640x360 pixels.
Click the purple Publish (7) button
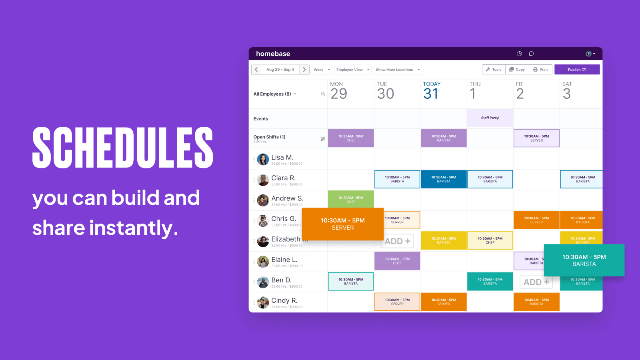pyautogui.click(x=577, y=70)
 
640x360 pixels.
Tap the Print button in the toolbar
pyautogui.click(x=540, y=70)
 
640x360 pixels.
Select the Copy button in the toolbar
pyautogui.click(x=517, y=70)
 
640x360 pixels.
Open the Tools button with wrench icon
pyautogui.click(x=494, y=70)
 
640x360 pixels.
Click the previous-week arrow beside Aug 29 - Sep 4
pyautogui.click(x=256, y=70)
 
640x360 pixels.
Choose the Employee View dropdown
pyautogui.click(x=352, y=70)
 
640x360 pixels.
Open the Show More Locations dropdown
pyautogui.click(x=398, y=70)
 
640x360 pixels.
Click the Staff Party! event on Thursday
pyautogui.click(x=490, y=118)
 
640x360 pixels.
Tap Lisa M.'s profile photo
pyautogui.click(x=263, y=160)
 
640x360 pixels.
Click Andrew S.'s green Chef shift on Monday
pyautogui.click(x=351, y=199)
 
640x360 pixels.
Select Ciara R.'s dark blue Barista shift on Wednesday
pyautogui.click(x=444, y=179)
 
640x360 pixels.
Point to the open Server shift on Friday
pyautogui.click(x=536, y=138)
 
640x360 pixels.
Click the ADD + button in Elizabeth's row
pyautogui.click(x=397, y=241)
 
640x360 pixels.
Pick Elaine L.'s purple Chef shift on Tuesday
pyautogui.click(x=397, y=261)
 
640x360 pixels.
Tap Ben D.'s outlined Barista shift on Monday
pyautogui.click(x=351, y=281)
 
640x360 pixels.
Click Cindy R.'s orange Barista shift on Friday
pyautogui.click(x=536, y=302)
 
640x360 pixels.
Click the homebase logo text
pyautogui.click(x=273, y=54)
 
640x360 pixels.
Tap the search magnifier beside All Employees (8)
pyautogui.click(x=323, y=94)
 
